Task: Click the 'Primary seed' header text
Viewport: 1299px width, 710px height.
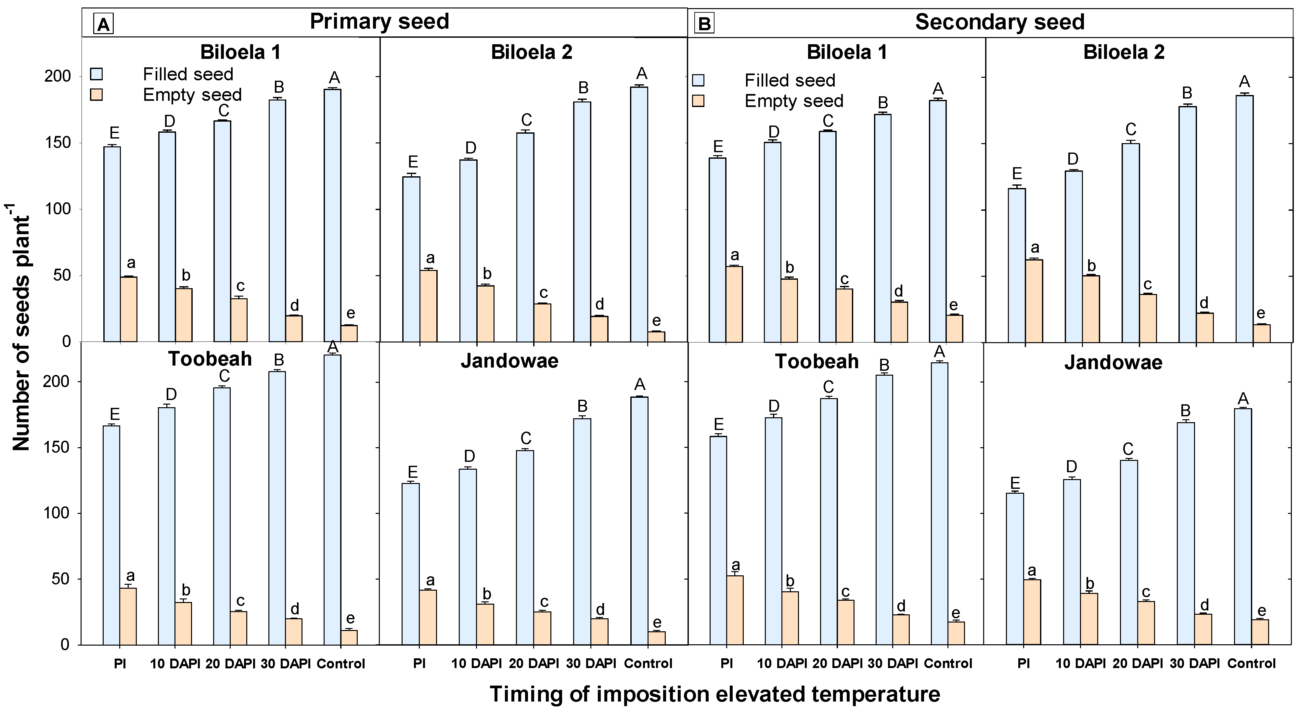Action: click(x=379, y=22)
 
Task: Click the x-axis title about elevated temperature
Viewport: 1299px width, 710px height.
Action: click(x=714, y=694)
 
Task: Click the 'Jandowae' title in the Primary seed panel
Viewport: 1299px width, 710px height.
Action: click(x=509, y=361)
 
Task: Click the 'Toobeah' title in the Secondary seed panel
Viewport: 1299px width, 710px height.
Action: click(x=817, y=362)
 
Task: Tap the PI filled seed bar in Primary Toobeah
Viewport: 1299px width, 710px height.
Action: click(x=112, y=535)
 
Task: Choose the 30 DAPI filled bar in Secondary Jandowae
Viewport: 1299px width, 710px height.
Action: click(x=1186, y=533)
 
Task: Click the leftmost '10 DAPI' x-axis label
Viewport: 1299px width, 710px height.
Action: click(x=175, y=663)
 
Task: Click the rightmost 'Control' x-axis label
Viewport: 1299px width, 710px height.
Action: click(x=1251, y=663)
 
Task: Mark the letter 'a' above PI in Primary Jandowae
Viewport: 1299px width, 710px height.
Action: click(x=430, y=580)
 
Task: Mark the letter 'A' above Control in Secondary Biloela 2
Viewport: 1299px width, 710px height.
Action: click(x=1244, y=82)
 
